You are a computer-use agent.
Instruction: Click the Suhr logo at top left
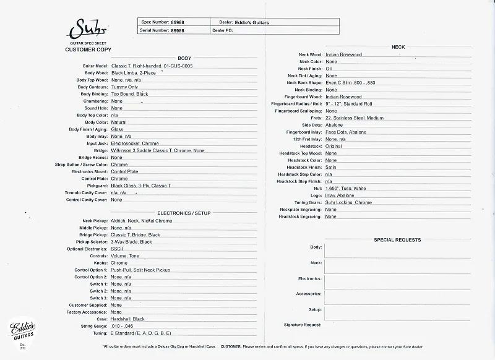(87, 30)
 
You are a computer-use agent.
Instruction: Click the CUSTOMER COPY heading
(88, 49)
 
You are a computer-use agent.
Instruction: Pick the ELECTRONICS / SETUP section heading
(184, 213)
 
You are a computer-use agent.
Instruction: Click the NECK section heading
(398, 47)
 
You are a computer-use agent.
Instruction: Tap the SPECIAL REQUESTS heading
(397, 240)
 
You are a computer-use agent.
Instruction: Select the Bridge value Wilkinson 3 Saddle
(158, 151)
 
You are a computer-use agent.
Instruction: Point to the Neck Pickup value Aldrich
(142, 221)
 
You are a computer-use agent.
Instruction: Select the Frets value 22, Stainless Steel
(355, 118)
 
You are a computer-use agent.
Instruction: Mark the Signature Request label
(303, 325)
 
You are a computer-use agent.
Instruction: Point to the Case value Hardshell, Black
(128, 319)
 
